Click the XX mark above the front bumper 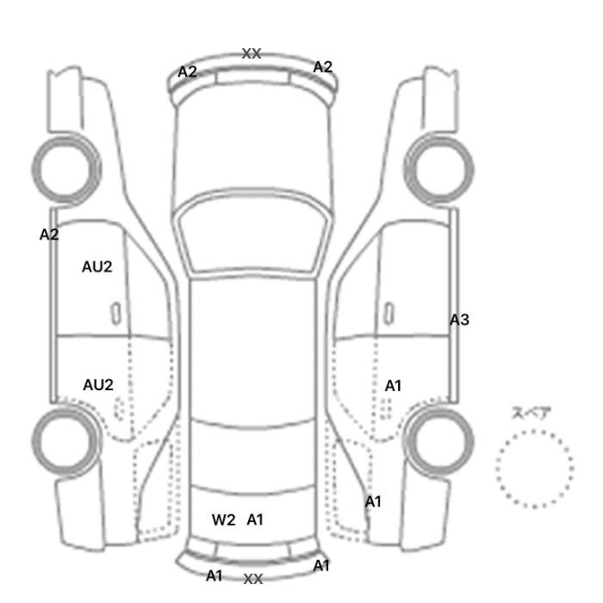(x=252, y=53)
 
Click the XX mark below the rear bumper (x=253, y=579)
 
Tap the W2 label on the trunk (x=223, y=520)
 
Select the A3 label (x=459, y=320)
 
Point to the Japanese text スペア (x=532, y=413)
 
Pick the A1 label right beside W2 (x=255, y=520)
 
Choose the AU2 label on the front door (x=96, y=267)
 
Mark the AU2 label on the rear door (x=98, y=385)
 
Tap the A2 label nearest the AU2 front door (x=49, y=234)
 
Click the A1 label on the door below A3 (x=393, y=386)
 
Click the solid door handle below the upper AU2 (x=115, y=314)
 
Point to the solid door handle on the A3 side (x=389, y=314)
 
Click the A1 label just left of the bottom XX (x=214, y=576)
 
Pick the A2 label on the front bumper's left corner (x=187, y=71)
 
